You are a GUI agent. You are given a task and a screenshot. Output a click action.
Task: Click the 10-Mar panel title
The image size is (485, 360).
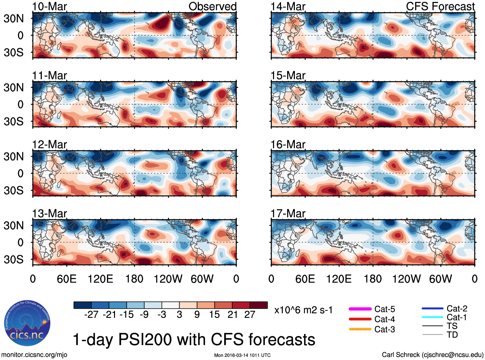pyautogui.click(x=49, y=6)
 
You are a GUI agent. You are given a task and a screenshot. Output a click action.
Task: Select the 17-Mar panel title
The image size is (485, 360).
pyautogui.click(x=288, y=214)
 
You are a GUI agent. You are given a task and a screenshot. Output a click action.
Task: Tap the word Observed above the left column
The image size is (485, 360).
pyautogui.click(x=212, y=6)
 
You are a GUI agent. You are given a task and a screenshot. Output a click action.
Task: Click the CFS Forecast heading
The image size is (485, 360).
pyautogui.click(x=440, y=6)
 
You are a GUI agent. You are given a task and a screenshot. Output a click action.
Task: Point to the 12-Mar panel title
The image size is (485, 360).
pyautogui.click(x=49, y=145)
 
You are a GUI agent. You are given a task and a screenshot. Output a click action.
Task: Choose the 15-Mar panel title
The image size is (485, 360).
pyautogui.click(x=288, y=75)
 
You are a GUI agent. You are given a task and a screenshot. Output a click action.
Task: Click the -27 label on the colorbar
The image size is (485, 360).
pyautogui.click(x=91, y=314)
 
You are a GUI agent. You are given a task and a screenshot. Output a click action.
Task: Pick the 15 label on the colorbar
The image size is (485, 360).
pyautogui.click(x=214, y=314)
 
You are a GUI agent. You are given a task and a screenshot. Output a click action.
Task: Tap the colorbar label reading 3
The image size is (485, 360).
pyautogui.click(x=179, y=314)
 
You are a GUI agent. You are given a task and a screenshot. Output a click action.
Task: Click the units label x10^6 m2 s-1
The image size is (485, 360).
pyautogui.click(x=303, y=310)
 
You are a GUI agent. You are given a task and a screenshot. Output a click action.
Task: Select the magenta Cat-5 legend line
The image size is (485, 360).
pyautogui.click(x=360, y=309)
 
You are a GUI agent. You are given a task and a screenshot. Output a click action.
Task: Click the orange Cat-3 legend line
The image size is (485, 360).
pyautogui.click(x=360, y=329)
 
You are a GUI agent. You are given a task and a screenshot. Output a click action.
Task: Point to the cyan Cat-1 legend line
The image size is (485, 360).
pyautogui.click(x=432, y=317)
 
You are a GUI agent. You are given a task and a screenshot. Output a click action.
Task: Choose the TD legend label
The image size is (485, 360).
pyautogui.click(x=452, y=335)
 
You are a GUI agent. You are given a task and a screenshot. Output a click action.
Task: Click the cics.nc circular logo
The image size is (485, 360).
pyautogui.click(x=27, y=323)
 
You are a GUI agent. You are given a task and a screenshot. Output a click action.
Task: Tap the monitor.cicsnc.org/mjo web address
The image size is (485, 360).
pyautogui.click(x=34, y=355)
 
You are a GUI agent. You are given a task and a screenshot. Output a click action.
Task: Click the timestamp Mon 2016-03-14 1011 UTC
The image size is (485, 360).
pyautogui.click(x=242, y=355)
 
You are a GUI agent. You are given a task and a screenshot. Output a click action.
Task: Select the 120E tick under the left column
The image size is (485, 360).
pyautogui.click(x=101, y=279)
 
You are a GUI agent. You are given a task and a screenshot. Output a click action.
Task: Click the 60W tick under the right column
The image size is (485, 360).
pyautogui.click(x=440, y=279)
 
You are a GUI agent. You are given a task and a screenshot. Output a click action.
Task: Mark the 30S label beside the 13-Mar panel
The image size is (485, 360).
pyautogui.click(x=14, y=259)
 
